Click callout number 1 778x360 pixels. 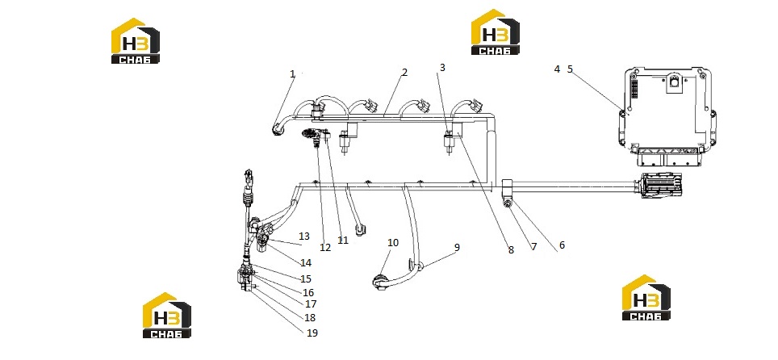[x=292, y=74]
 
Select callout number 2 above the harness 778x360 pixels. [x=404, y=73]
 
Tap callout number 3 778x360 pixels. [x=442, y=68]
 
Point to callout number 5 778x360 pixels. [x=570, y=69]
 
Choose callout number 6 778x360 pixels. [x=562, y=245]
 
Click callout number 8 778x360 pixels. [x=511, y=249]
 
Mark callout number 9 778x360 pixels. [x=457, y=247]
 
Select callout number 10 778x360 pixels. [x=393, y=243]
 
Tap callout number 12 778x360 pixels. [x=325, y=247]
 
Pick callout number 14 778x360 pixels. [x=306, y=262]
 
